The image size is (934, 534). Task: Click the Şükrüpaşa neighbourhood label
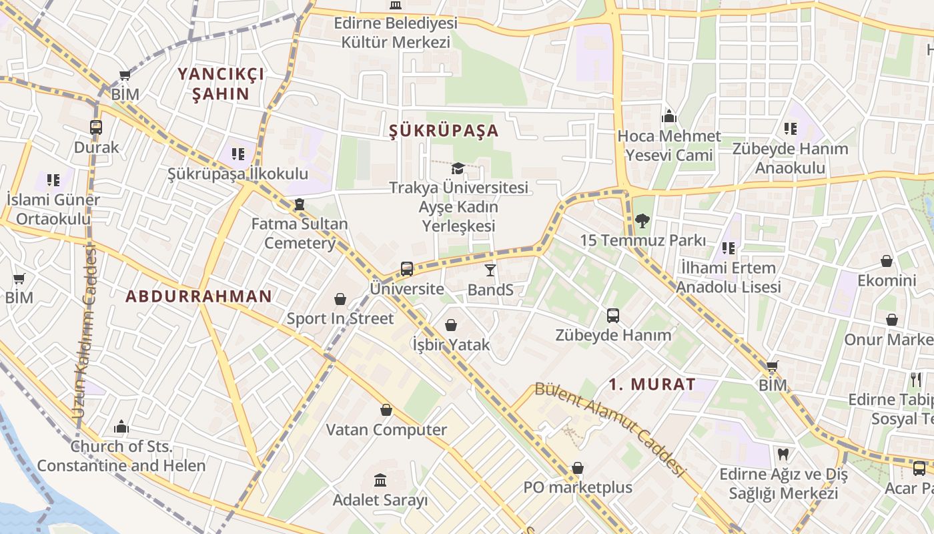point(444,130)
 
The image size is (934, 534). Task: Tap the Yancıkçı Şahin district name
point(221,83)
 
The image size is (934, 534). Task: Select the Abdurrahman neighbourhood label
point(199,296)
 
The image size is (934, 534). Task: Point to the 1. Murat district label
point(652,384)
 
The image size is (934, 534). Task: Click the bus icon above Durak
point(96,127)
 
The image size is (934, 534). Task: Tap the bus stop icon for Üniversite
point(407,269)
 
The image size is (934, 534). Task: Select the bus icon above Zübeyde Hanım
point(613,316)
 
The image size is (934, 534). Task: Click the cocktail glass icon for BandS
point(490,270)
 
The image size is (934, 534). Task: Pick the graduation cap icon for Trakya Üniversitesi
point(458,168)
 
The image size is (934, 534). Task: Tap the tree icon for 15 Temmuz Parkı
point(642,220)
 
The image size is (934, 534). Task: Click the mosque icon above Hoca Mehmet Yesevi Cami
point(669,117)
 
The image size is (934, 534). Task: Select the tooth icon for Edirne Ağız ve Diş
point(783,455)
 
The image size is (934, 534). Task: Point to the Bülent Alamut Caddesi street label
point(610,429)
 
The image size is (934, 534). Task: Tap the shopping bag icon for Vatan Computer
point(386,410)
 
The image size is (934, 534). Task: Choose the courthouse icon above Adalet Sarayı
point(380,480)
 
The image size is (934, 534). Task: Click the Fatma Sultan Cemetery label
point(300,233)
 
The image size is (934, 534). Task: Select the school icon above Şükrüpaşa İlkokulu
point(238,154)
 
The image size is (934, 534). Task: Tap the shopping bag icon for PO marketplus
point(578,468)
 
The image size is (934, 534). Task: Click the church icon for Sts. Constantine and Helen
point(121,427)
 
